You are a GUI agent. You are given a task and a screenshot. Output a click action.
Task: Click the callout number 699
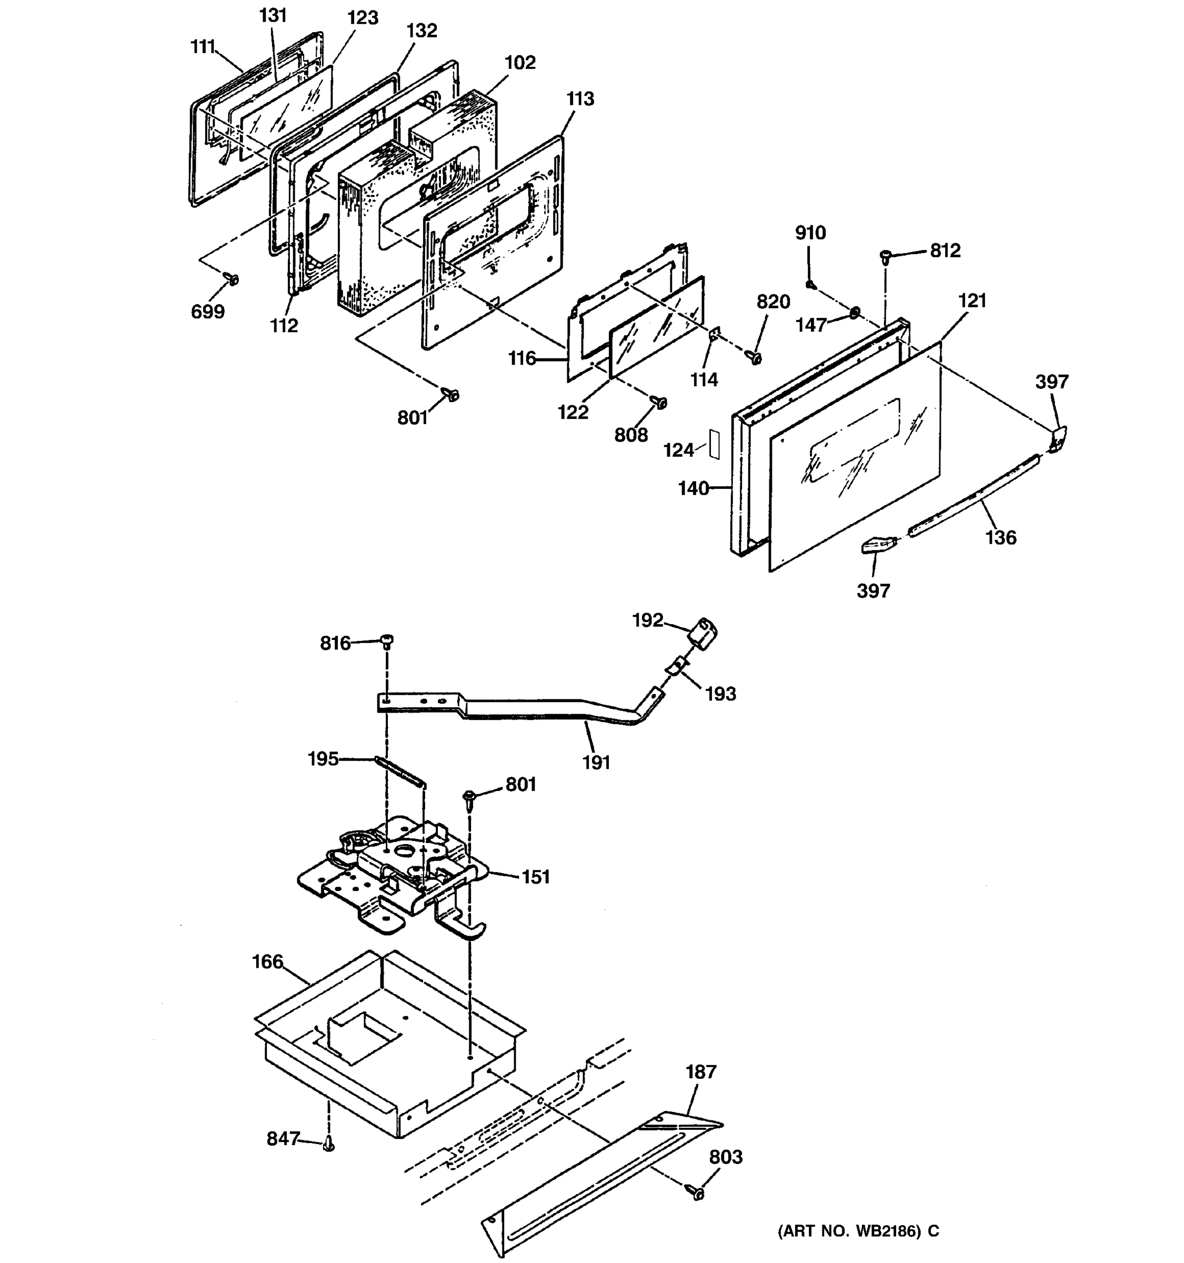point(208,312)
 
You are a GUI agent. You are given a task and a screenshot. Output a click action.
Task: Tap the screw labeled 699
point(233,279)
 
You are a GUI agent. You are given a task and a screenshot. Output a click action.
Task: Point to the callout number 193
point(720,694)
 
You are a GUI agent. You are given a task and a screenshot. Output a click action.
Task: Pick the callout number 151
point(536,877)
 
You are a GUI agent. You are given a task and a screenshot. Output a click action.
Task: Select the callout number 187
point(700,1072)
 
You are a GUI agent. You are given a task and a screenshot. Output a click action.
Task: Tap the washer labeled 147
point(855,312)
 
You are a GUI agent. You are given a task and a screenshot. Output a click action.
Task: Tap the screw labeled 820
point(755,358)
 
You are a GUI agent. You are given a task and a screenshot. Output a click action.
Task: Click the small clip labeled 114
point(714,334)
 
